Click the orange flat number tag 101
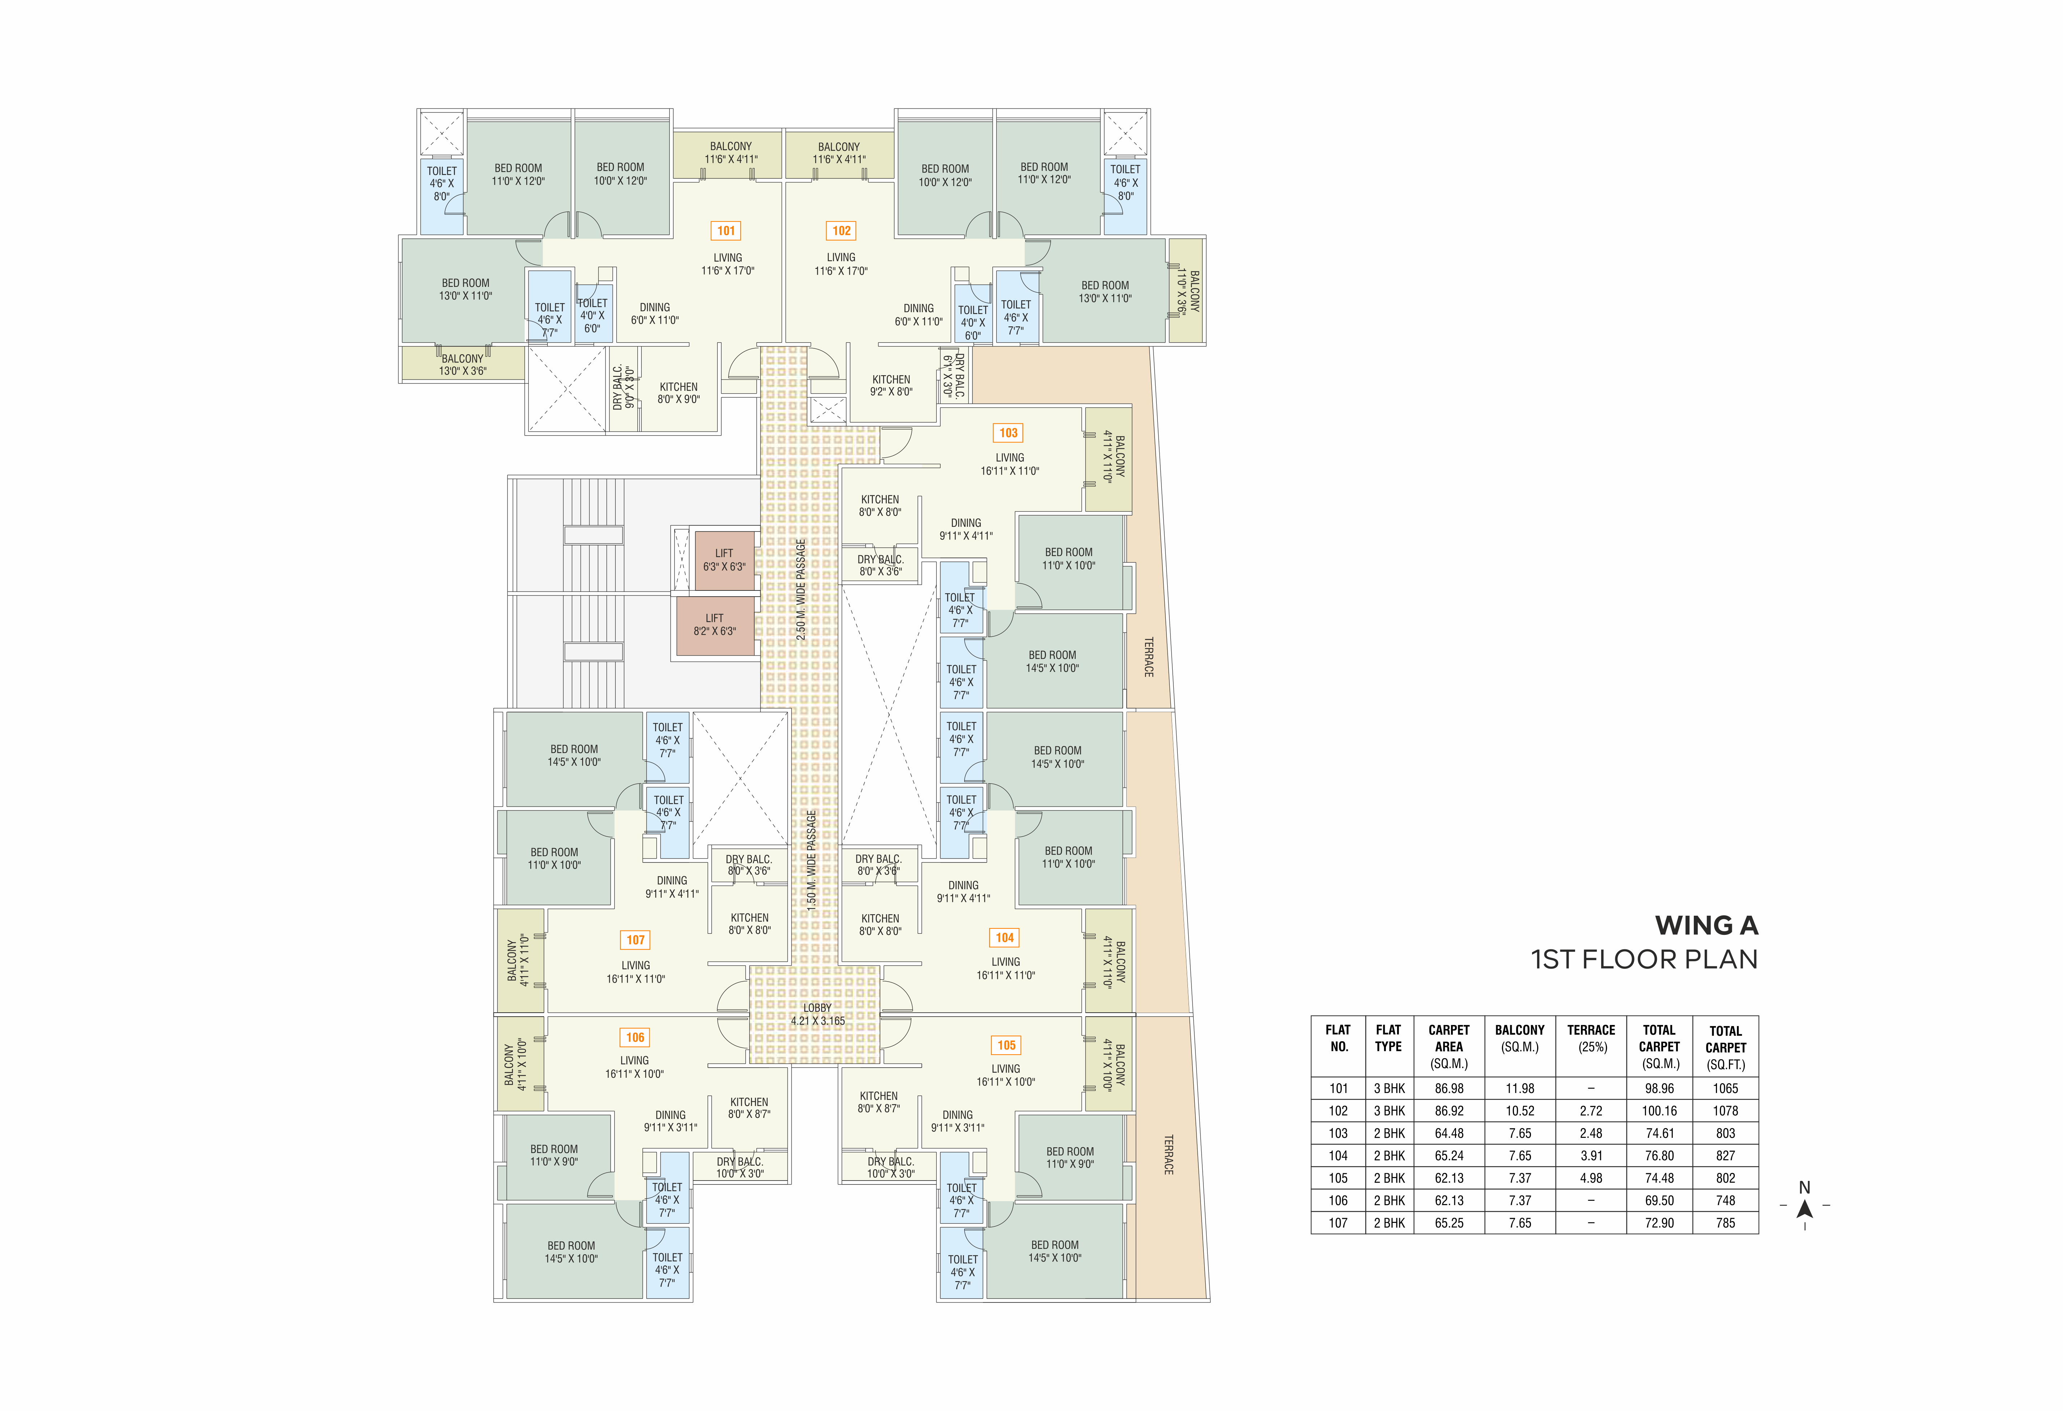click(726, 231)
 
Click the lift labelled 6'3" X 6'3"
click(724, 560)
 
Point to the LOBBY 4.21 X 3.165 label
click(818, 1014)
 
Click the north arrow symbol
click(1805, 1209)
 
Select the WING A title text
click(1706, 925)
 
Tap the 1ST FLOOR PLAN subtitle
click(1644, 959)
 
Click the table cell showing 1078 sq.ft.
click(1726, 1111)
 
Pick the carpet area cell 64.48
click(1449, 1133)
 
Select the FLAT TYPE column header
click(1388, 1038)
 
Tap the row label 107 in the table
click(1339, 1223)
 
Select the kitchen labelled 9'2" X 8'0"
click(891, 385)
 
